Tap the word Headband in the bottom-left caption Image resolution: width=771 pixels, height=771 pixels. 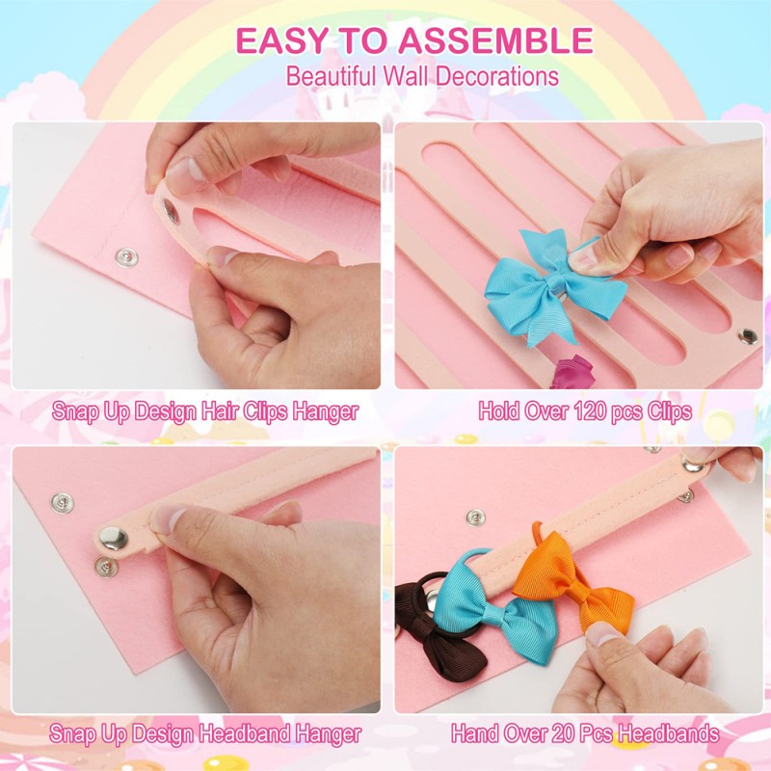tap(233, 734)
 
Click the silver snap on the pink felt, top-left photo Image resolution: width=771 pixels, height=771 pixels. tap(125, 256)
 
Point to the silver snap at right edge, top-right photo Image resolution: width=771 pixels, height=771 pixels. tap(747, 336)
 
